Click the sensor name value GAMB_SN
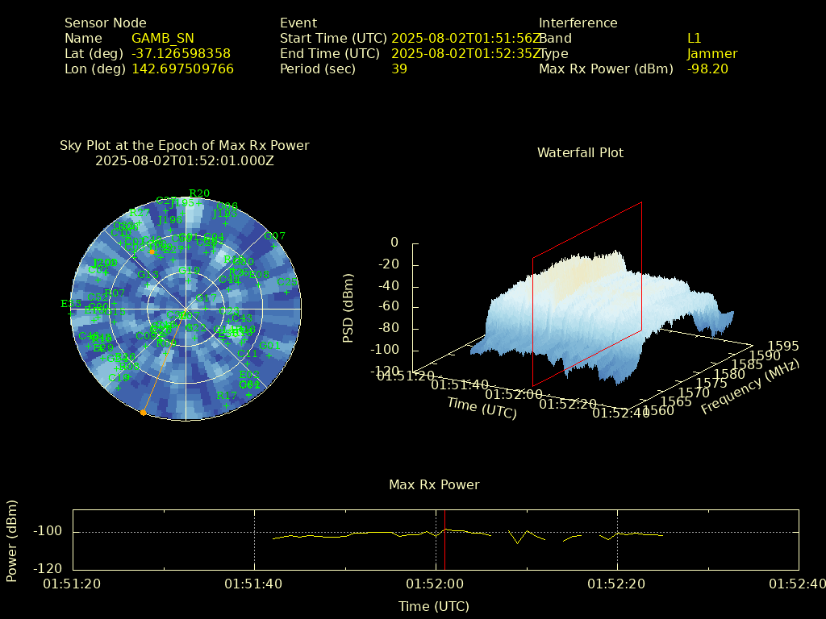[x=162, y=39]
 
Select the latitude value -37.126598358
[x=181, y=54]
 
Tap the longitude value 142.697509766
[x=182, y=69]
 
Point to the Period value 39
[x=398, y=69]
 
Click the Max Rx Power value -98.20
[x=707, y=69]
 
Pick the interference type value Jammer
[x=712, y=54]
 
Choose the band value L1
[x=695, y=39]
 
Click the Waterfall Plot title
[x=580, y=153]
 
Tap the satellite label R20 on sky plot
[x=199, y=193]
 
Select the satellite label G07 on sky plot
[x=275, y=236]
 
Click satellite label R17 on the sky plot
[x=227, y=396]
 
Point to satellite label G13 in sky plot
[x=148, y=275]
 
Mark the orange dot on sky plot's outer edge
[x=143, y=413]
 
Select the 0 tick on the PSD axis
[x=394, y=243]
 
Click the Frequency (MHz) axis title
[x=749, y=388]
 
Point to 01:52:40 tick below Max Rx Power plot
[x=798, y=583]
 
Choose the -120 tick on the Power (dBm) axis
[x=48, y=568]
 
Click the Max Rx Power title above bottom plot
[x=434, y=485]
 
